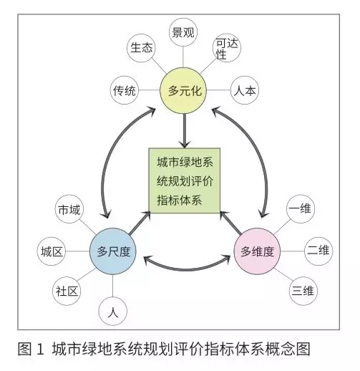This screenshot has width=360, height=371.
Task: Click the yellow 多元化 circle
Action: (x=183, y=90)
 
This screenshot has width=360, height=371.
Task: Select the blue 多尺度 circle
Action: (x=113, y=251)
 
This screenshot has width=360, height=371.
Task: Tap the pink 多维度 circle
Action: (x=257, y=251)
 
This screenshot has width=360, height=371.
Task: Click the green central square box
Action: (x=185, y=180)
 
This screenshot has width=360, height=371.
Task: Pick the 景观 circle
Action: (x=183, y=32)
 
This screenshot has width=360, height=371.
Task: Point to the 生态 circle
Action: (x=141, y=48)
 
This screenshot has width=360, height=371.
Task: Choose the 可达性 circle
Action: (x=227, y=48)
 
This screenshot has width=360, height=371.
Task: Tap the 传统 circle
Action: (x=125, y=90)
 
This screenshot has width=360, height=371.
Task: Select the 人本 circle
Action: (x=245, y=90)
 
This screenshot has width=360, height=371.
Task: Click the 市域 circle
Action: (x=69, y=209)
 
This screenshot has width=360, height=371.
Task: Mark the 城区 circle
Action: (x=52, y=251)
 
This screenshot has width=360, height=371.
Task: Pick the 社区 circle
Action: (x=67, y=291)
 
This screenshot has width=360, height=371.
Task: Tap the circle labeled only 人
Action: (x=113, y=311)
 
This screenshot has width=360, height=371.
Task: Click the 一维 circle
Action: (x=301, y=209)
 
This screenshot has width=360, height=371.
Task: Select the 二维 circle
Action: (x=318, y=251)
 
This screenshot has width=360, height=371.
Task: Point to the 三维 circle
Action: (x=303, y=291)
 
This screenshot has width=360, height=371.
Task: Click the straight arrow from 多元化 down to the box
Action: (x=185, y=131)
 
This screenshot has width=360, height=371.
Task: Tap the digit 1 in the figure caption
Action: (x=41, y=349)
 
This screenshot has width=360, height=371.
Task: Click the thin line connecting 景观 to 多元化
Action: (x=183, y=57)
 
